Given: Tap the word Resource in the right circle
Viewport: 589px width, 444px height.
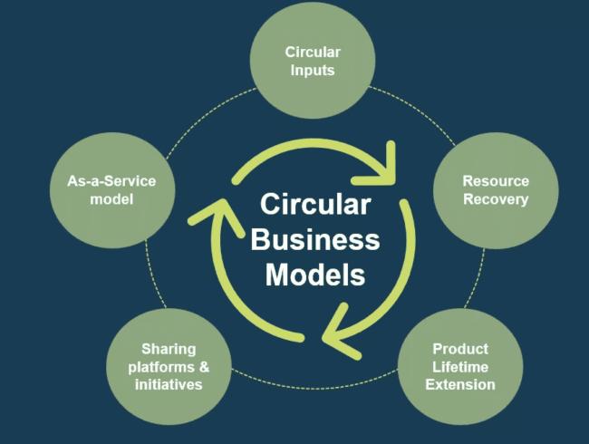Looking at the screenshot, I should coord(495,181).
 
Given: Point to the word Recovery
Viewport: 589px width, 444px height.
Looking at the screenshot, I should coord(495,199).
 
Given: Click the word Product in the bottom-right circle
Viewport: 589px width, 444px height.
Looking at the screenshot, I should coord(460,349).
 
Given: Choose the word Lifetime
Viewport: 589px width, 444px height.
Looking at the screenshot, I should coord(460,366).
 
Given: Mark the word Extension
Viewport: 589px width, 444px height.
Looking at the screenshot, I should coord(460,384).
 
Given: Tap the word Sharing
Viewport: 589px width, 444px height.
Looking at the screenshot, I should coord(169,349).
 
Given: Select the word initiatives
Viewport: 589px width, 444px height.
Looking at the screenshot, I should coord(169,384).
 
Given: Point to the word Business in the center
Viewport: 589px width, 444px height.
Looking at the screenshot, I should coord(314,240).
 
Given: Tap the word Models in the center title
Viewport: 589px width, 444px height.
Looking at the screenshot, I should coord(314,275).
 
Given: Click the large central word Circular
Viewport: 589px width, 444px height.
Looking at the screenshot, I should coord(314,205).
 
